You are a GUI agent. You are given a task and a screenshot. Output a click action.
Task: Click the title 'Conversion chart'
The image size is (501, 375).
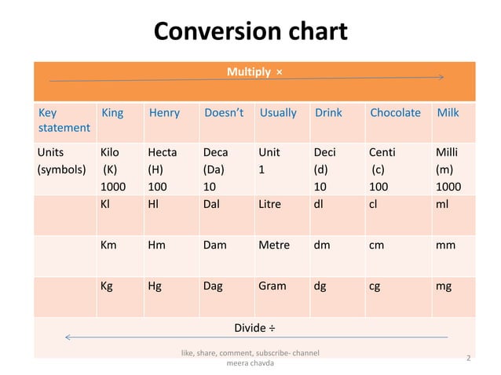point(250,31)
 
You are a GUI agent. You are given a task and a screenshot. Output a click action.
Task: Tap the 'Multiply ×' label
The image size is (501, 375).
point(254,72)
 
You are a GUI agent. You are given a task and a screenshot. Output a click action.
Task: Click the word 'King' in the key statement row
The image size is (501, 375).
point(112,113)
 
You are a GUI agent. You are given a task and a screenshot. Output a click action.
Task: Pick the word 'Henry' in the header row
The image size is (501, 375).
point(163,113)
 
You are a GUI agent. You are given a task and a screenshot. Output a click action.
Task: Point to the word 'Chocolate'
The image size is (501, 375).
point(395,113)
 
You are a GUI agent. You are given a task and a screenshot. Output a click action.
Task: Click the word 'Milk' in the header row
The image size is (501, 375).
point(448,113)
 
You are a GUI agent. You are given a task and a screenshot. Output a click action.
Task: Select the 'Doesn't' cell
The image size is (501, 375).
point(224,113)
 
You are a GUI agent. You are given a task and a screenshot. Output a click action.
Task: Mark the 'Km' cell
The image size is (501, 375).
point(109,245)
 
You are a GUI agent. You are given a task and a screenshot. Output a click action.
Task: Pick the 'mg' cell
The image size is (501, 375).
point(444,286)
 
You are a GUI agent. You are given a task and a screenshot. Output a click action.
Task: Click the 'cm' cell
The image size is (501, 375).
point(377,245)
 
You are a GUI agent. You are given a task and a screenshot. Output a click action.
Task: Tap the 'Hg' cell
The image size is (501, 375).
point(155,286)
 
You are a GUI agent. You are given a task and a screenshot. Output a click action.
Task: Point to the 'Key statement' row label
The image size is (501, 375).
point(64,120)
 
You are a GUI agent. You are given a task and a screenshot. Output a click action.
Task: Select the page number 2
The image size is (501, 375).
point(469,359)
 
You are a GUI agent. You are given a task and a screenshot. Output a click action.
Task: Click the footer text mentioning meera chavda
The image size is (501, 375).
point(250,359)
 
